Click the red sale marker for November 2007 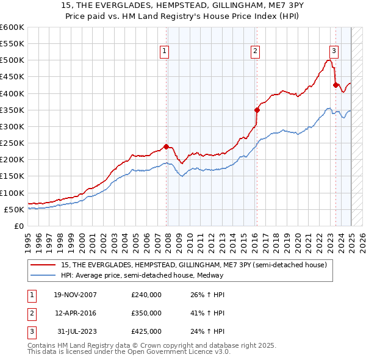[x=167, y=146]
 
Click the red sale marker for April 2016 [x=257, y=110]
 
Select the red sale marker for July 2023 [x=335, y=85]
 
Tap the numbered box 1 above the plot [x=165, y=52]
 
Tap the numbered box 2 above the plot [x=255, y=52]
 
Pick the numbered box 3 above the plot [x=334, y=52]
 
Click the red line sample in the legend [x=43, y=265]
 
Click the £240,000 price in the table [x=146, y=295]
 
